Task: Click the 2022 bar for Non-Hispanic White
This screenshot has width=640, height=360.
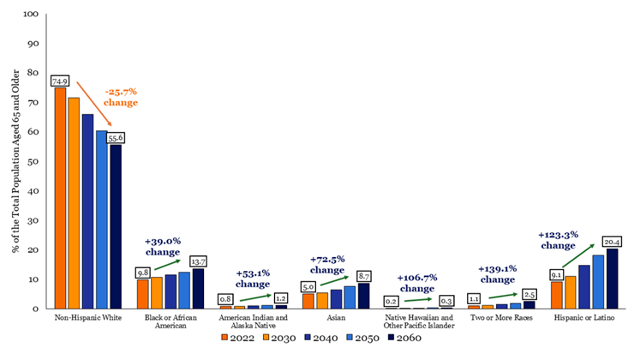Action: point(60,198)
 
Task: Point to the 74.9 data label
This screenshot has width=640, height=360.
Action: point(60,81)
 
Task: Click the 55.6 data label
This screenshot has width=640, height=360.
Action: point(117,137)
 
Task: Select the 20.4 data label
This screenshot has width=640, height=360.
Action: point(613,241)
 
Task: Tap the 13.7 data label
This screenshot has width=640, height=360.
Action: point(199,261)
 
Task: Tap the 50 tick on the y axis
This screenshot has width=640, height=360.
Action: point(32,161)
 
